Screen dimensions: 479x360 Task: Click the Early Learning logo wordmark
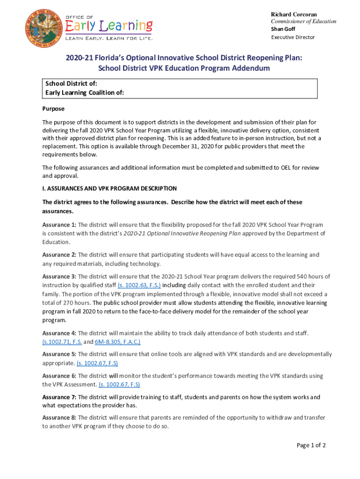108,25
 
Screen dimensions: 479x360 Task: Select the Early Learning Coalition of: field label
85,93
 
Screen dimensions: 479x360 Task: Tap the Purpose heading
53,109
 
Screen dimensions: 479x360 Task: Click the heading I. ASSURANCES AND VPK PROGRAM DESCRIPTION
109,189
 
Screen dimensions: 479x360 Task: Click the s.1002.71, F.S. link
62,342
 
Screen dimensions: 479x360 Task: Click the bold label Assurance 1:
59,225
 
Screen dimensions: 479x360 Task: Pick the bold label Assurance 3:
59,276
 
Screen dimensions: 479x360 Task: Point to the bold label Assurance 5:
59,354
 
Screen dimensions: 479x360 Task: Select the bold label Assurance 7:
59,397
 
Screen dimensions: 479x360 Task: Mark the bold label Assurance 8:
59,418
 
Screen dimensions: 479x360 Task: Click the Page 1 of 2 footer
311,445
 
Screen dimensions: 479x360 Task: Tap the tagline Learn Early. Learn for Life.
108,38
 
